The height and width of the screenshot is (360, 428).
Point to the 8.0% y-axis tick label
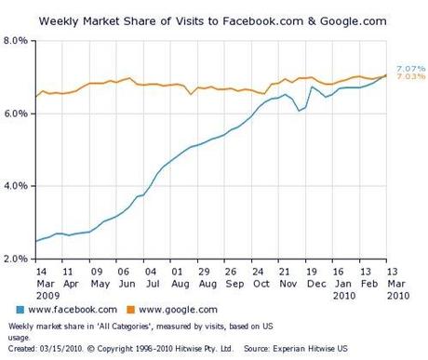coord(19,41)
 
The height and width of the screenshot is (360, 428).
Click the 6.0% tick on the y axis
coord(19,113)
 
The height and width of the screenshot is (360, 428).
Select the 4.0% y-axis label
coord(19,186)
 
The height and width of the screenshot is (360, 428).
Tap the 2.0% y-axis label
coord(19,259)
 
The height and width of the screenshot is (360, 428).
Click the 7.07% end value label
coord(410,68)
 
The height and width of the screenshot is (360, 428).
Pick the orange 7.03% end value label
coord(410,77)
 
